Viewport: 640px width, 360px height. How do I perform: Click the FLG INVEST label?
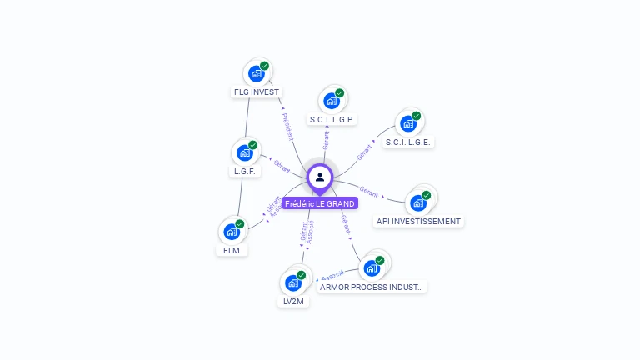(257, 92)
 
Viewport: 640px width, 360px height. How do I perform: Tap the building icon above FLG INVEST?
(257, 73)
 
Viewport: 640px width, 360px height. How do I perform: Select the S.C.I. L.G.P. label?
(332, 120)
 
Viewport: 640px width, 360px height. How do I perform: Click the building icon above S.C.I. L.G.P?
(332, 101)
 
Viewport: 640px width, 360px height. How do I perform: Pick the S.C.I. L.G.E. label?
(408, 142)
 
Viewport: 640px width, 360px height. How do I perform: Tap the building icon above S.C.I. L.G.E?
(408, 123)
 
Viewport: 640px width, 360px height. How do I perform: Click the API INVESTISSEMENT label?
(418, 222)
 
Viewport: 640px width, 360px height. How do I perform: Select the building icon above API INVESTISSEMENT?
(418, 202)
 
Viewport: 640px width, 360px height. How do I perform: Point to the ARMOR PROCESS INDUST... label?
(372, 287)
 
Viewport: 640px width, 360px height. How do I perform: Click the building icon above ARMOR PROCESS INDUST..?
(372, 268)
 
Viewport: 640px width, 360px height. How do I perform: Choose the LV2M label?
(293, 302)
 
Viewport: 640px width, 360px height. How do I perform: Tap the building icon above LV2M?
(293, 282)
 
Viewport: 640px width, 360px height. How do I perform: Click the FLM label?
(232, 250)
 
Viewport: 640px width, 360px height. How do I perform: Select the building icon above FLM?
(232, 232)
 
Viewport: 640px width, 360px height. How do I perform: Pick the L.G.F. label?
(245, 172)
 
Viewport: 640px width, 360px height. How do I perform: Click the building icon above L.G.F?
(245, 152)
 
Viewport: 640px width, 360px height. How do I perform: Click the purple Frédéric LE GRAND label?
(320, 203)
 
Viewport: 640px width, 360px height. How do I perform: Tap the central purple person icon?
(320, 177)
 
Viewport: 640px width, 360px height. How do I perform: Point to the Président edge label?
(287, 124)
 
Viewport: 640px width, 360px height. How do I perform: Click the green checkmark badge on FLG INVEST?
(264, 66)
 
